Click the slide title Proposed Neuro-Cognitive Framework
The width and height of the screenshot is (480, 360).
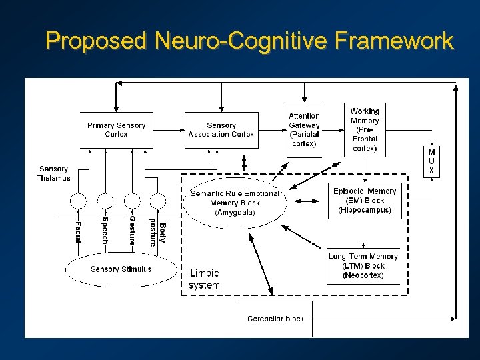[x=249, y=41]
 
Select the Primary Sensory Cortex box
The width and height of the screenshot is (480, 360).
[x=116, y=129]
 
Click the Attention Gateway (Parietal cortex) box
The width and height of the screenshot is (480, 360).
[x=304, y=129]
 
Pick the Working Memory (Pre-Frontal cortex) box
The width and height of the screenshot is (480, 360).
[x=365, y=129]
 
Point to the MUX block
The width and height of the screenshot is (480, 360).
[x=431, y=161]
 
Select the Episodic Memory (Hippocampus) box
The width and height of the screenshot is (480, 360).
[x=365, y=201]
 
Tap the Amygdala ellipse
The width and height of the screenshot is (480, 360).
[x=235, y=203]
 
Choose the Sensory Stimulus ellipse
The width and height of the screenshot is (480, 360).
[x=121, y=270]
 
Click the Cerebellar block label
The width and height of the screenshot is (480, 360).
[x=275, y=319]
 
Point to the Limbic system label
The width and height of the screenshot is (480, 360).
[x=204, y=279]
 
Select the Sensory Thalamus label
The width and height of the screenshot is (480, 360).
[x=53, y=173]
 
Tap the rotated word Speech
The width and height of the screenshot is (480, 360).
[x=105, y=230]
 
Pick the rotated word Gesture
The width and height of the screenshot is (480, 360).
[x=132, y=231]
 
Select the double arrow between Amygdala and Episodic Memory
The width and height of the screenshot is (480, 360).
[x=307, y=201]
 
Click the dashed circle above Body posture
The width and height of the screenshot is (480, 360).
[x=157, y=200]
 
